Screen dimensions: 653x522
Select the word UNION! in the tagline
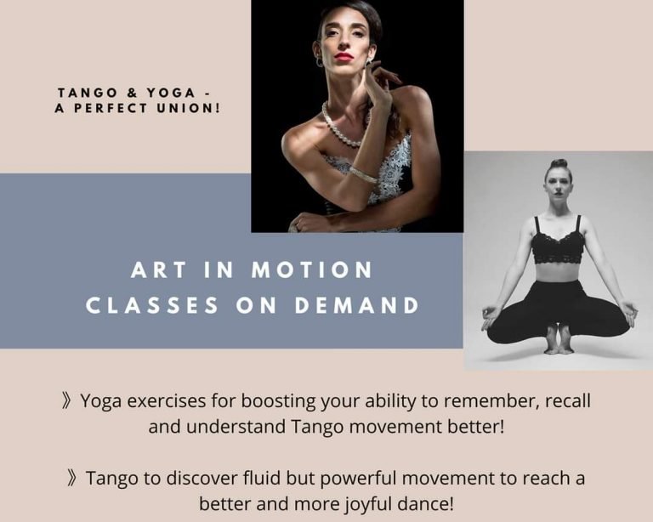coord(188,108)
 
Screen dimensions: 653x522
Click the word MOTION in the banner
coord(312,270)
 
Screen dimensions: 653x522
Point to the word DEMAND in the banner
coord(357,305)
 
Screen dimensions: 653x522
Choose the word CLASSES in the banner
coord(152,305)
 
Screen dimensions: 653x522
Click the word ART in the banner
coord(158,270)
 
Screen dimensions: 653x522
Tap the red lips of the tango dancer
coord(344,57)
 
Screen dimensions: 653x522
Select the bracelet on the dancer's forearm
coord(363,175)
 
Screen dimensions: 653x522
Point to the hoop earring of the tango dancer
coord(319,62)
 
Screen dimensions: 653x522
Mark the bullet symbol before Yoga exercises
coord(65,401)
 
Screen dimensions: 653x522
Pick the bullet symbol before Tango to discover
coord(71,479)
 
